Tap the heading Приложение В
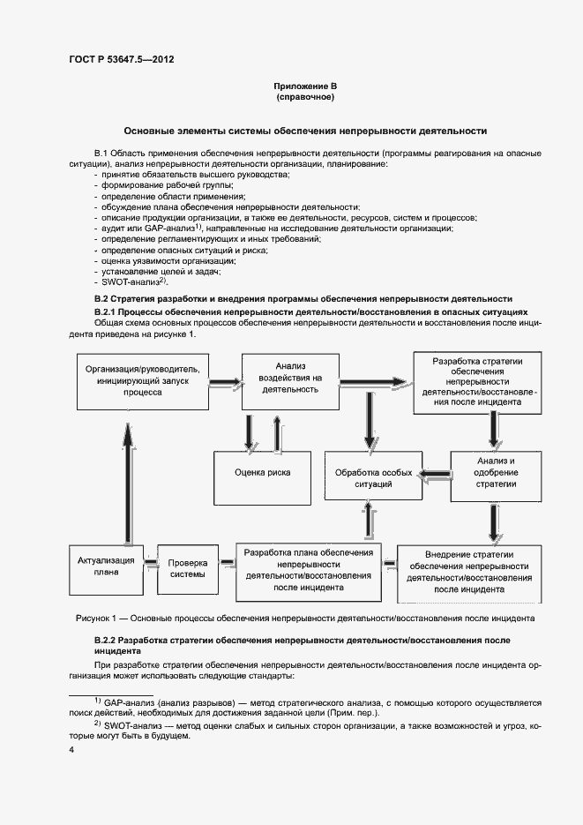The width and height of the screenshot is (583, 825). pos(305,86)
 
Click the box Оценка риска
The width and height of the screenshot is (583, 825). pos(262,473)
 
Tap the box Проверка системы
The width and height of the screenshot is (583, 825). pos(187,568)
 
